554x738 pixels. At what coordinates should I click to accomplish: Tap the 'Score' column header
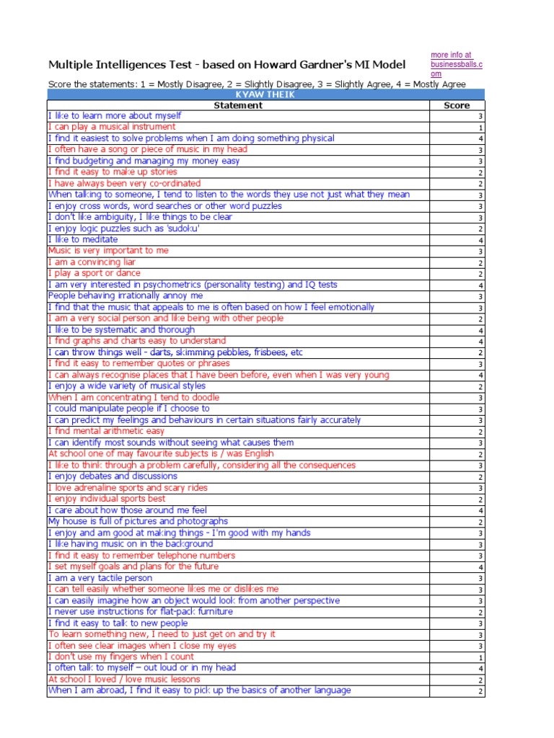(x=457, y=105)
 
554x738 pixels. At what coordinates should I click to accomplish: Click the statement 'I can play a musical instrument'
(x=112, y=127)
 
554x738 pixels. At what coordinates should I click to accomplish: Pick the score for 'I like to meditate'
(x=480, y=240)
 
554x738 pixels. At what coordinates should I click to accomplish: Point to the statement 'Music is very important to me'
(x=108, y=251)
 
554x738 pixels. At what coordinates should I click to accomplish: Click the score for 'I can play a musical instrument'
(x=480, y=128)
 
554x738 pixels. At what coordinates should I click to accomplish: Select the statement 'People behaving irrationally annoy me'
(x=126, y=295)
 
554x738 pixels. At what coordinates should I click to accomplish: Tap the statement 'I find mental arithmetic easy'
(x=106, y=431)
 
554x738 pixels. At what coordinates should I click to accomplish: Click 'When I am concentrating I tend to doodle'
(x=133, y=397)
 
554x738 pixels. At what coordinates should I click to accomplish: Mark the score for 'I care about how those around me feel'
(x=480, y=510)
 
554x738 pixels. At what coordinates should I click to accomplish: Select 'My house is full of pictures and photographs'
(x=138, y=521)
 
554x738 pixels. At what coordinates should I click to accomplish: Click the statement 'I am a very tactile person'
(x=100, y=578)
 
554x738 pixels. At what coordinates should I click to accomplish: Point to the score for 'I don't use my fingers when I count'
(x=480, y=657)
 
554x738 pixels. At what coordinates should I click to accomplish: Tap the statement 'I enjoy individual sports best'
(x=107, y=499)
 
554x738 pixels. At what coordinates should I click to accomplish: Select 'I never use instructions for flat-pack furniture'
(x=141, y=612)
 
